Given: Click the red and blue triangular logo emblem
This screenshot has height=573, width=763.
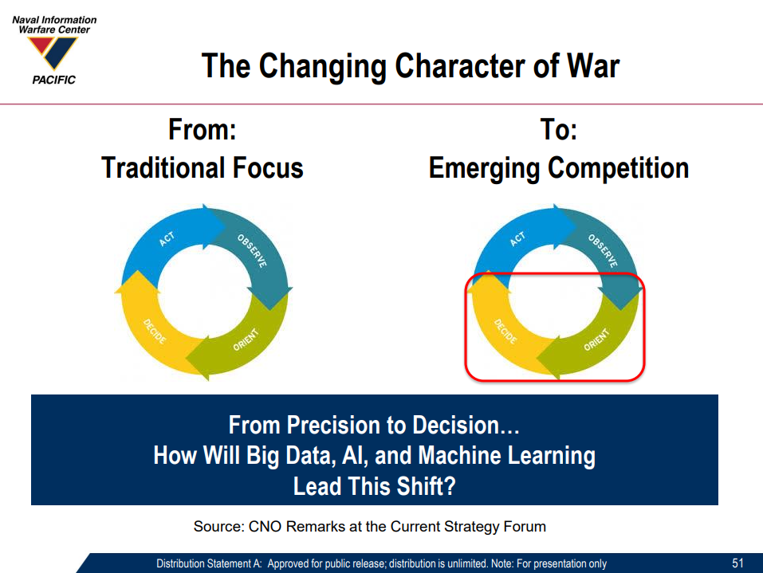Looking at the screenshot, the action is [x=53, y=52].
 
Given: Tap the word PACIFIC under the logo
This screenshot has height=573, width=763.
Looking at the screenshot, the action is [x=54, y=80].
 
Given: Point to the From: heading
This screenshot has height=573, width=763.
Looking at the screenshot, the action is [x=203, y=130].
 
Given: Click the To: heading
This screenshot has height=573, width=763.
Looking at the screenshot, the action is [x=559, y=130].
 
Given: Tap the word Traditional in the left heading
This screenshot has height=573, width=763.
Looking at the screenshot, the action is [x=163, y=168].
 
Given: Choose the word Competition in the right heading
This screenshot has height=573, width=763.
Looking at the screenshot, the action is [x=618, y=168].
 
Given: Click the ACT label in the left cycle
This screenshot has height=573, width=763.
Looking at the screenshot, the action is [x=167, y=239].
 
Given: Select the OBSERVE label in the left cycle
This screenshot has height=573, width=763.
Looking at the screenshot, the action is [x=252, y=250].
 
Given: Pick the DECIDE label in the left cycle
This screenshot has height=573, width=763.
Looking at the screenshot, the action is [x=155, y=332].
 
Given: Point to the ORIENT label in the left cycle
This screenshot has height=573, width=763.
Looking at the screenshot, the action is [x=246, y=339].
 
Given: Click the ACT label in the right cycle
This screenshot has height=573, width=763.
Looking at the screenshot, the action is [x=517, y=239].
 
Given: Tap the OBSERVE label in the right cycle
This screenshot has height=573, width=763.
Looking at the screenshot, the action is [x=603, y=250].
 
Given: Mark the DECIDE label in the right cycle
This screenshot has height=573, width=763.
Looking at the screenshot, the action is [x=505, y=332].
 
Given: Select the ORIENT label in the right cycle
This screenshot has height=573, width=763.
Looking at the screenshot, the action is [x=596, y=339].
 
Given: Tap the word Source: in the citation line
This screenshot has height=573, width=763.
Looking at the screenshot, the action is [x=218, y=526].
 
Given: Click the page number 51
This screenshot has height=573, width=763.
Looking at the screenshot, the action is [x=737, y=563].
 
